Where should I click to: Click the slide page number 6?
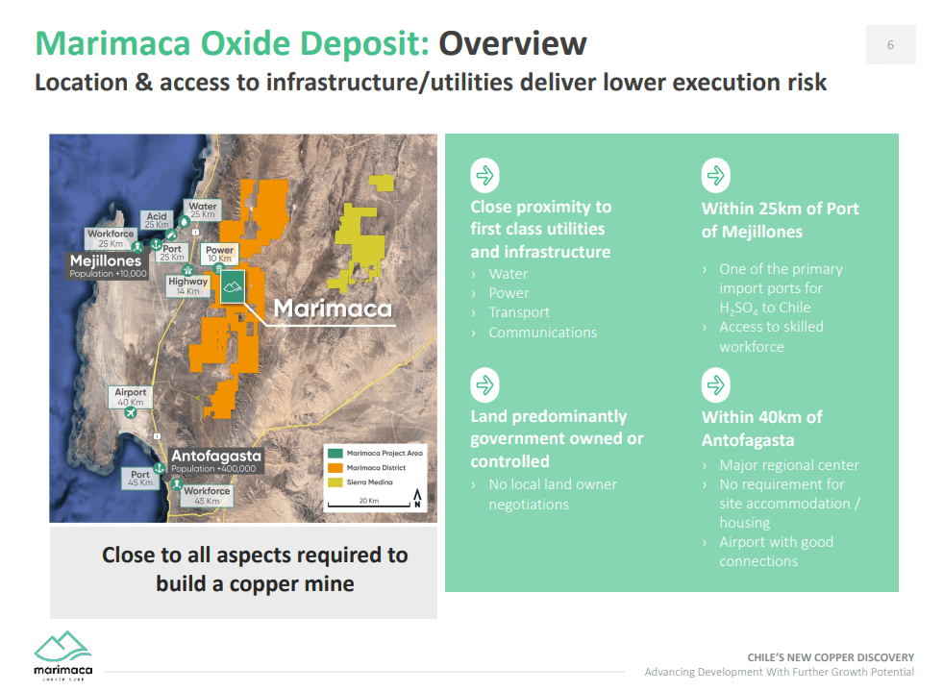[890, 45]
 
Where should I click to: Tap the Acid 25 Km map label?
[157, 220]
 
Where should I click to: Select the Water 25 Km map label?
[202, 210]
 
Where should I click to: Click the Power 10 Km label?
[220, 254]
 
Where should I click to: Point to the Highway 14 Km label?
[187, 285]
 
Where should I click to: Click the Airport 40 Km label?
[131, 397]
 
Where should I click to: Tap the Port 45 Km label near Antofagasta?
[140, 478]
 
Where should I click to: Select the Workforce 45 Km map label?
[207, 495]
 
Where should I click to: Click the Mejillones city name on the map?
[106, 260]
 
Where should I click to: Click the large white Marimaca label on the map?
[333, 309]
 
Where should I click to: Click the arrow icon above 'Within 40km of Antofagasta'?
[716, 385]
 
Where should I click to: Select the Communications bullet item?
[542, 333]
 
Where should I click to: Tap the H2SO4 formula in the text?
[740, 309]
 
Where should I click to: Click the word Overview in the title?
[512, 43]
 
